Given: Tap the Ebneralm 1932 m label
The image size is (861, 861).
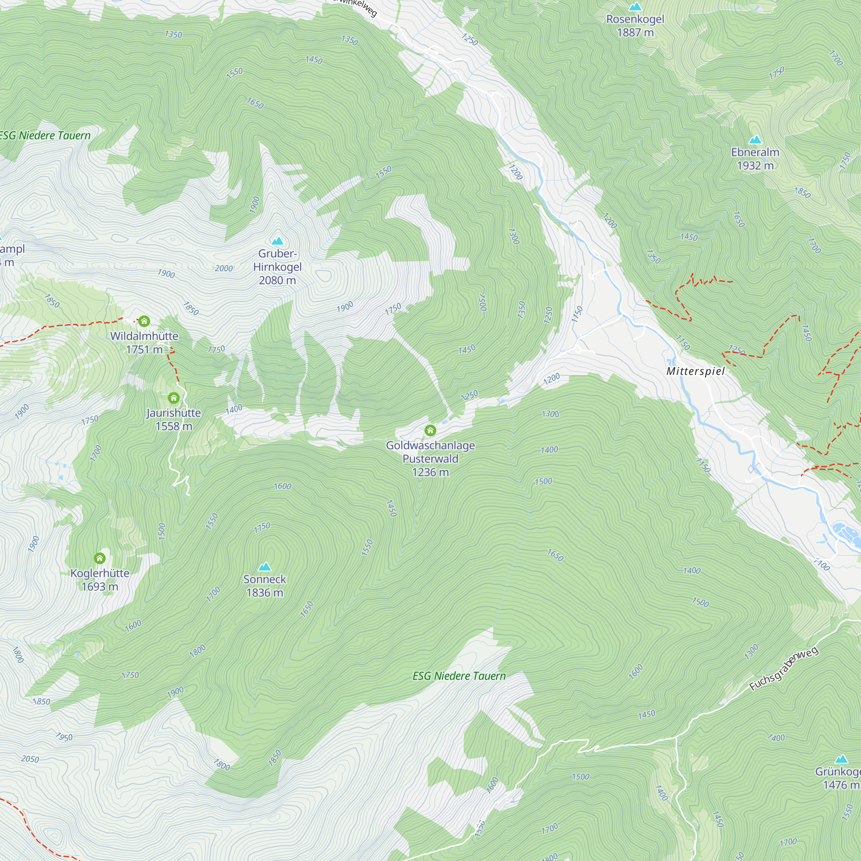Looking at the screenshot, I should click(x=755, y=159).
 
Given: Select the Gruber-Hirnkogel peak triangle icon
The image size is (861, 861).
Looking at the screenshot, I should click(x=278, y=241).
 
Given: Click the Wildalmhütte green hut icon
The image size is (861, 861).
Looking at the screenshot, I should click(x=144, y=321).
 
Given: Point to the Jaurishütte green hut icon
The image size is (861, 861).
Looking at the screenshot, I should click(x=174, y=397).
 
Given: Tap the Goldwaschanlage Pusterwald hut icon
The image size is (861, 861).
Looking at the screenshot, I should click(x=430, y=430).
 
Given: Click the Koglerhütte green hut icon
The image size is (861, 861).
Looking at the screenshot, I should click(x=100, y=558).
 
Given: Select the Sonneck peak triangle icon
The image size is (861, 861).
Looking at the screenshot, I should click(x=265, y=567).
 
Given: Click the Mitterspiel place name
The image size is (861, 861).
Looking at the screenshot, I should click(x=695, y=371).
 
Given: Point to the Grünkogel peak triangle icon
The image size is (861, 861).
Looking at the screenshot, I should click(x=841, y=759).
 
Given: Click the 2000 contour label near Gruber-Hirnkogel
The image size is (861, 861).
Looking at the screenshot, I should click(x=224, y=268).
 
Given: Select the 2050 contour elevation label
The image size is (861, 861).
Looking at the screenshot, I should click(x=30, y=759).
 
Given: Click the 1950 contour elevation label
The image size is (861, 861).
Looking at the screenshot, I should click(x=64, y=737).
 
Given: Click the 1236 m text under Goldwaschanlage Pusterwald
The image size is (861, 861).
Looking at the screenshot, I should click(x=430, y=472).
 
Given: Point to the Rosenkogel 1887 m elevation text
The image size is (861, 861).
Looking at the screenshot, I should click(x=635, y=33).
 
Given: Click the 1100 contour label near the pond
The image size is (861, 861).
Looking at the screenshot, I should click(x=821, y=565).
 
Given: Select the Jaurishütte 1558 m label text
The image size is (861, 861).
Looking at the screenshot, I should click(x=174, y=419).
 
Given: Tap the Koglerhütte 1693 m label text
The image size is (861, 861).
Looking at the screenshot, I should click(x=100, y=580).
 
